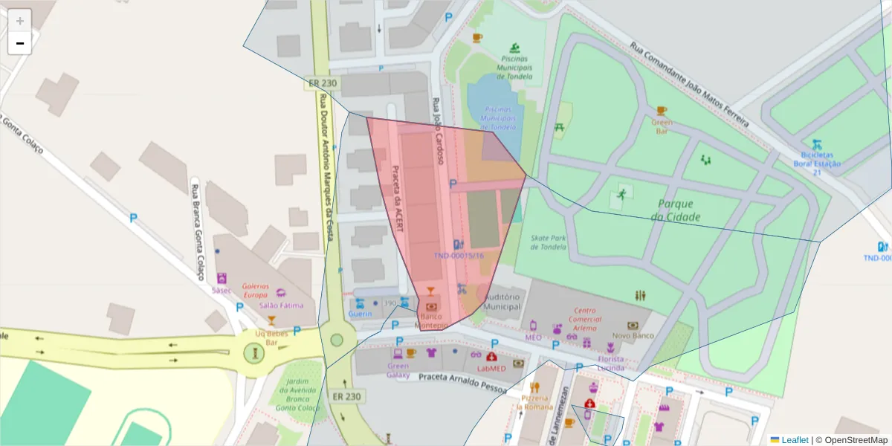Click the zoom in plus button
[20, 21]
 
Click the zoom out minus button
[20, 43]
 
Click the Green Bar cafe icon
[662, 111]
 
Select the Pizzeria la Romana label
[535, 402]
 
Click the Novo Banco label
[633, 335]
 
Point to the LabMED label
[491, 368]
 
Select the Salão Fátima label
[281, 306]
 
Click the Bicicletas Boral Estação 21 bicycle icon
[816, 143]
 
